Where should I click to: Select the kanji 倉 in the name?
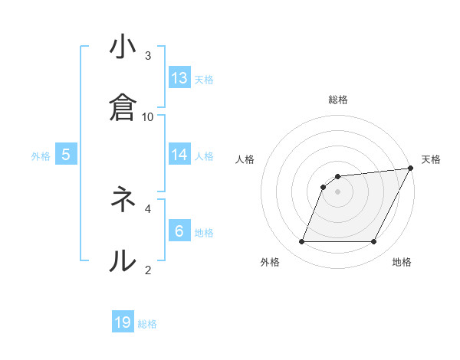(123, 107)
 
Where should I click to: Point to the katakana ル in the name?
(123, 260)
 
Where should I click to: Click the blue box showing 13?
(179, 78)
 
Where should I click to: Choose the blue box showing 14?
(179, 155)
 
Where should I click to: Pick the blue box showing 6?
(179, 231)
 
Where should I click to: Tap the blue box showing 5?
(66, 155)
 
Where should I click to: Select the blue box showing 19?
(123, 322)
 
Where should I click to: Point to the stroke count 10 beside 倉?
(148, 116)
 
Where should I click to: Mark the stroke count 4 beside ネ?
(148, 208)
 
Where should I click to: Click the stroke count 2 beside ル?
(148, 269)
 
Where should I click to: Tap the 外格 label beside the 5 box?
(41, 156)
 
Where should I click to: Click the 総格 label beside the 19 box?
(147, 324)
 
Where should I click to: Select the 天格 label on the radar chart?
(431, 159)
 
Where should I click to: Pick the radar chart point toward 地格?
(374, 242)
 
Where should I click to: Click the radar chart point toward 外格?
(301, 242)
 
